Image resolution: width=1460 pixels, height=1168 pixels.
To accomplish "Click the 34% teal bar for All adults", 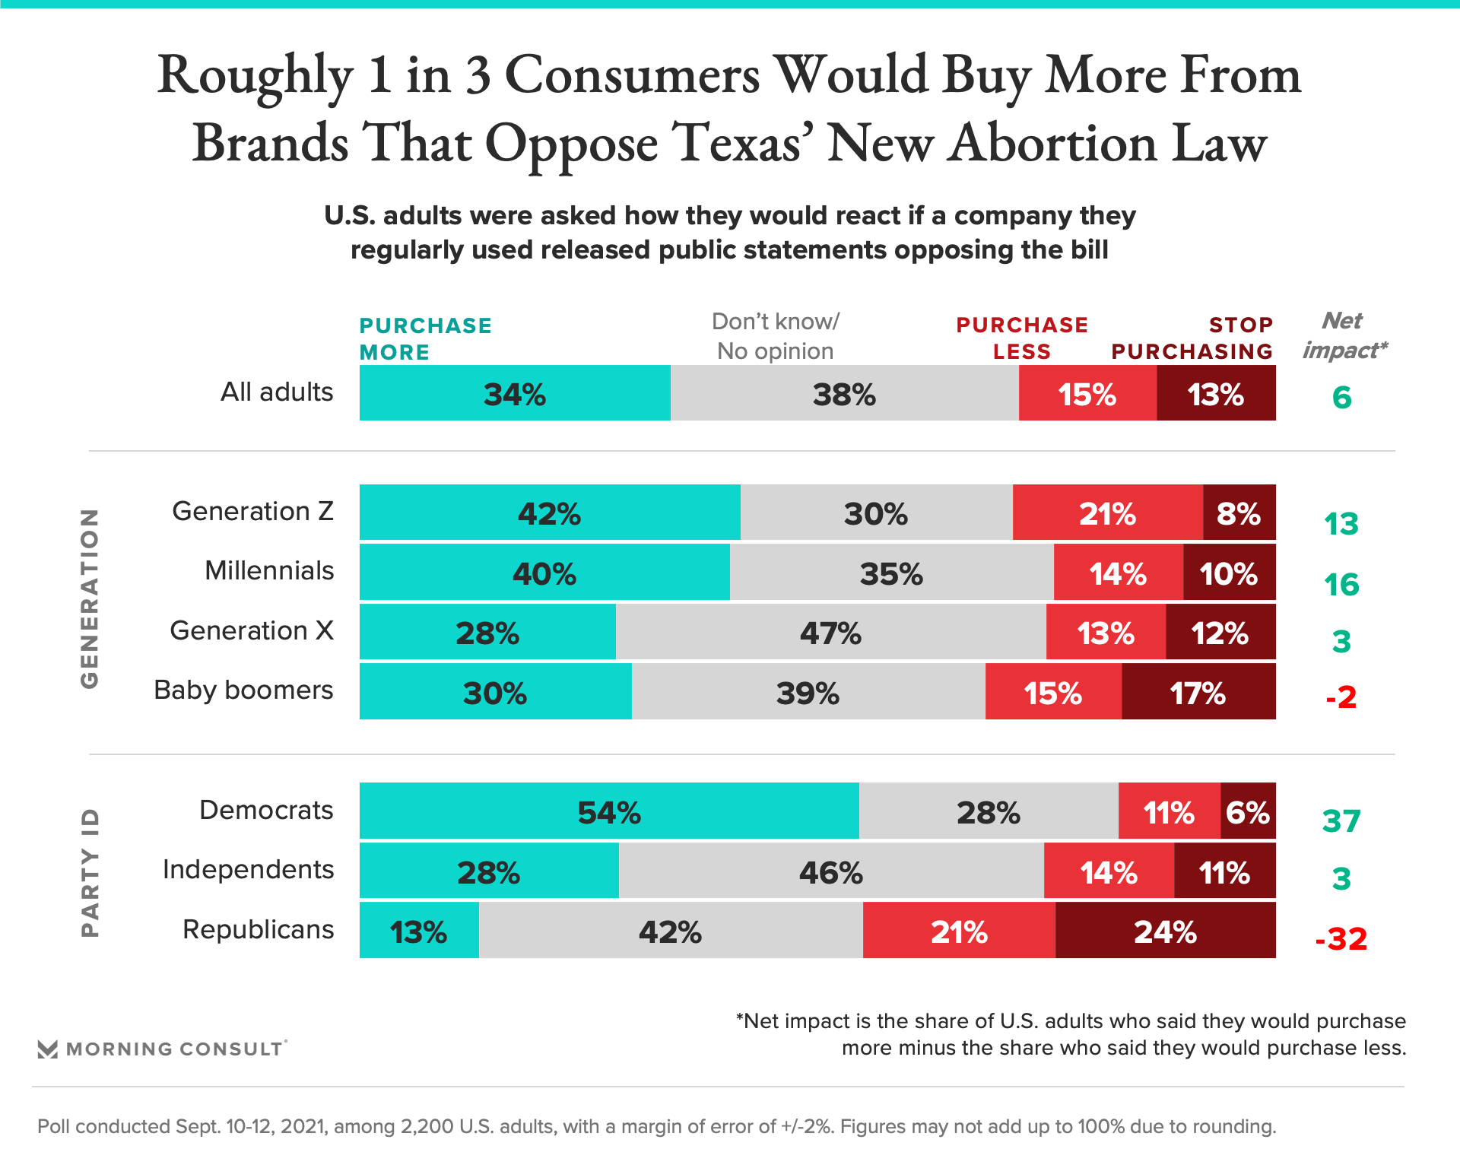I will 515,393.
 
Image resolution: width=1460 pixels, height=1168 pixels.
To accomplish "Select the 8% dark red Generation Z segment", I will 1239,513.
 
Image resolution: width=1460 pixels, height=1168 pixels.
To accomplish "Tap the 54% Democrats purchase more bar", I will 609,811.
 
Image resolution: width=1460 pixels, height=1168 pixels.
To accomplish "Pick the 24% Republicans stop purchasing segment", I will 1165,931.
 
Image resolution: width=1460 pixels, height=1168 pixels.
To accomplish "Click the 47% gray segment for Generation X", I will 830,632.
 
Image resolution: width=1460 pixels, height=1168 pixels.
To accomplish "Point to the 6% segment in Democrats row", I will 1248,811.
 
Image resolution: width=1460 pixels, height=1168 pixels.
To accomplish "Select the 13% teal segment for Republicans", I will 419,931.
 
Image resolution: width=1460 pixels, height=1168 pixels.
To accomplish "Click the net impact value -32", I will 1341,939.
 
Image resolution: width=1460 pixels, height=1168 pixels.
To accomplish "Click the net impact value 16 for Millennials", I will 1341,585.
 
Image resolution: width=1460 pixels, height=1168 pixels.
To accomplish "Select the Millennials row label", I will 269,570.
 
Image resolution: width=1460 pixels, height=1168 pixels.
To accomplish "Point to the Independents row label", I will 248,869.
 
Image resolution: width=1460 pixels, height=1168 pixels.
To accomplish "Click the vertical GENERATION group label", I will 90,599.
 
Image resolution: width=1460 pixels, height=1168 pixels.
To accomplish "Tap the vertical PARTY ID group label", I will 90,873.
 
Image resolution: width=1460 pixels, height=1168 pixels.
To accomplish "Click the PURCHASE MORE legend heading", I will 425,338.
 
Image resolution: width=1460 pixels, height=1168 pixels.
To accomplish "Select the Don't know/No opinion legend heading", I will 775,336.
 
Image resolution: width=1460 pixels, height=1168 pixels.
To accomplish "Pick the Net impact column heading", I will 1344,335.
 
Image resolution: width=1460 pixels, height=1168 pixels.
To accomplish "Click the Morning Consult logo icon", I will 48,1049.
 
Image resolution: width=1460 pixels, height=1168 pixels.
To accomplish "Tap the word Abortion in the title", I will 1052,143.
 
